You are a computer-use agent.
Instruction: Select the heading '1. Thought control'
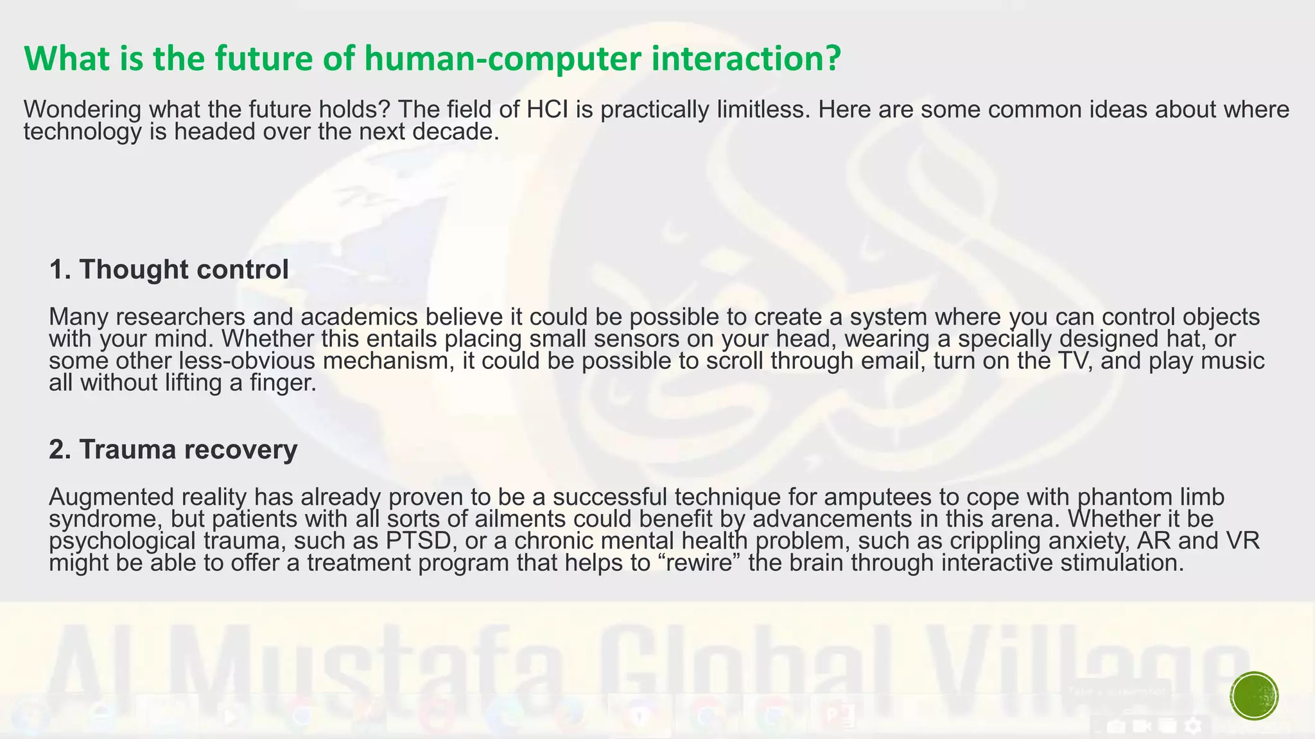coord(169,269)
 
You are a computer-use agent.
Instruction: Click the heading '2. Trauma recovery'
coord(173,450)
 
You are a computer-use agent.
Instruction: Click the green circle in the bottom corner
coord(1255,696)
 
